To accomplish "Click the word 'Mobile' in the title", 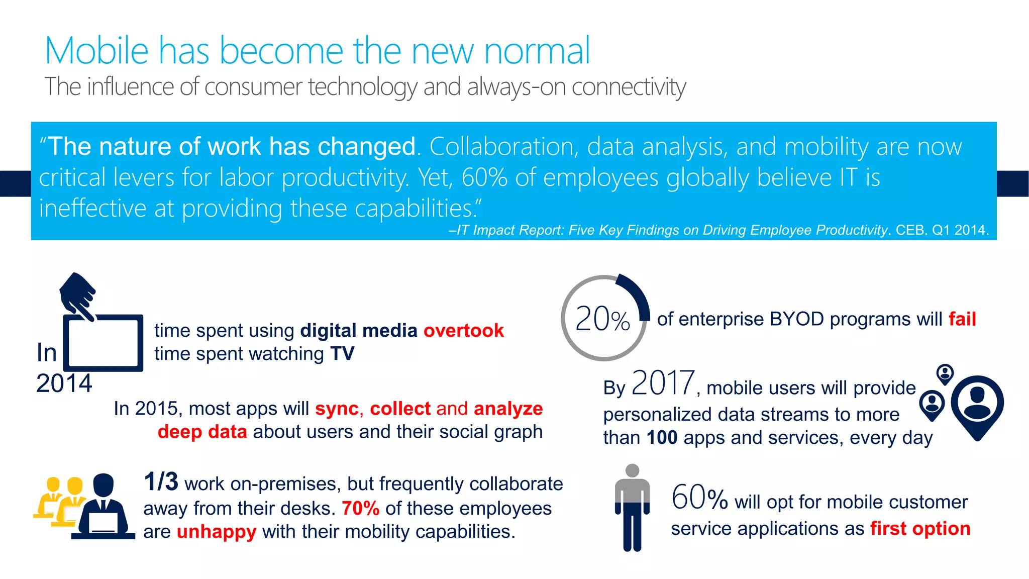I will coord(96,51).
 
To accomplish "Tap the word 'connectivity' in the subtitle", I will coord(629,87).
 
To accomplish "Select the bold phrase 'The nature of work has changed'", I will coord(232,147).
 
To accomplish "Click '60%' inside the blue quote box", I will coord(484,177).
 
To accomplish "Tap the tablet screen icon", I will coord(103,343).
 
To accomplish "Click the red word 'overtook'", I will coord(463,331).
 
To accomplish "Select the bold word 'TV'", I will coord(342,354).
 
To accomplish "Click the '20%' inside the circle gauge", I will coord(602,319).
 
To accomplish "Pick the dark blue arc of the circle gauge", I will coord(638,294).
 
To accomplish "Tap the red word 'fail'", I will coord(962,319).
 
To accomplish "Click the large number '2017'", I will coord(663,383).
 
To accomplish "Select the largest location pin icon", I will coord(977,405).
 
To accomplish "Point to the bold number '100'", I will coord(662,438).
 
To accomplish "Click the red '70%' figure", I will coord(360,509).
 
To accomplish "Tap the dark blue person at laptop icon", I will coord(103,508).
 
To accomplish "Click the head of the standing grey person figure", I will coord(633,470).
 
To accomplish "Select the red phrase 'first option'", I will coord(920,529).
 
